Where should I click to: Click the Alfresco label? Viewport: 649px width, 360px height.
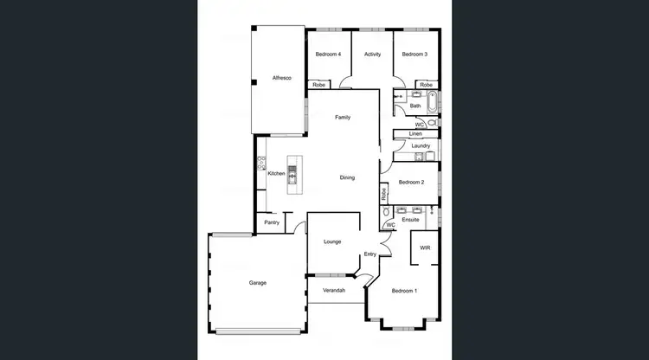[282, 78]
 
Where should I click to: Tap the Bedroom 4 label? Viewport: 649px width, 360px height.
[328, 55]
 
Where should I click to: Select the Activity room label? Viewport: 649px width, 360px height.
[373, 55]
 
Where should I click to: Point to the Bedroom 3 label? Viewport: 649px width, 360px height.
[414, 55]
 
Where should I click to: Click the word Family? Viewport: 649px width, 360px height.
[343, 117]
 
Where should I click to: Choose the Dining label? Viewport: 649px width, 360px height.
[347, 177]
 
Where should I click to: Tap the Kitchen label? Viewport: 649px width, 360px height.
[276, 173]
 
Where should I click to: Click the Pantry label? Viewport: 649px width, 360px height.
[272, 222]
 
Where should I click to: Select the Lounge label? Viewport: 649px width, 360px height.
[332, 241]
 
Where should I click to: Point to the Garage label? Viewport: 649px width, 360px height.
[258, 283]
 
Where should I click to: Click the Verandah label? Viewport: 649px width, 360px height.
[334, 290]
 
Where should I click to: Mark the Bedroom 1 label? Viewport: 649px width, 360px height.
[404, 290]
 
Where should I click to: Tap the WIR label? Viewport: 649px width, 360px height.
[425, 247]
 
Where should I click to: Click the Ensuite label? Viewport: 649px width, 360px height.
[411, 220]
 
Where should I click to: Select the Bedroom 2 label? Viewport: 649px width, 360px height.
[410, 182]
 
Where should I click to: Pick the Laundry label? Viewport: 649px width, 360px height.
[421, 145]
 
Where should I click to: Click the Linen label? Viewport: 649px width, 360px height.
[414, 134]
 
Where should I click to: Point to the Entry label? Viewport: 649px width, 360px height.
[370, 254]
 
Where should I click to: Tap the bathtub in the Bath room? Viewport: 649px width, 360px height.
[433, 102]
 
